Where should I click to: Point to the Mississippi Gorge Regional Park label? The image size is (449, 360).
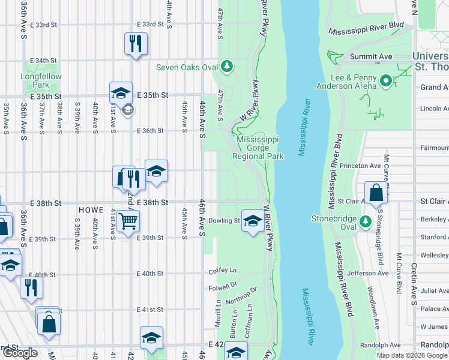pyautogui.click(x=259, y=148)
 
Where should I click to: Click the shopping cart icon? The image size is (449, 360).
pyautogui.click(x=128, y=221)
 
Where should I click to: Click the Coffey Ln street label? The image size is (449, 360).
pyautogui.click(x=223, y=271)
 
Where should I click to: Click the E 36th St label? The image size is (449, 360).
pyautogui.click(x=150, y=131)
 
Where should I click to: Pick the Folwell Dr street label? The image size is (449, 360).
pyautogui.click(x=224, y=287)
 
